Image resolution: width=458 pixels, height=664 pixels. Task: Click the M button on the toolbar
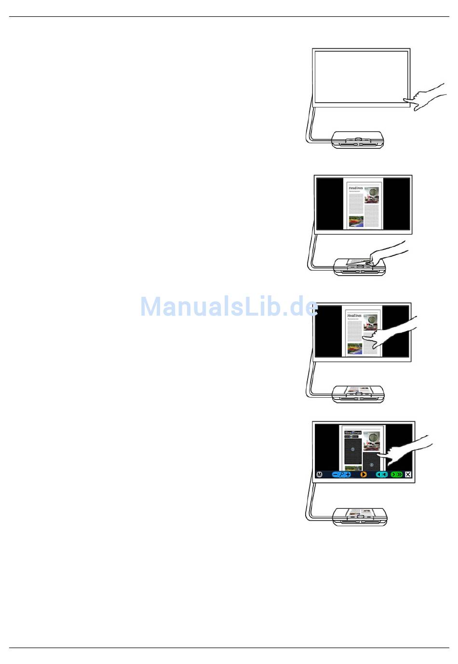pyautogui.click(x=319, y=475)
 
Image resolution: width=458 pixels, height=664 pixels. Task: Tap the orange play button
pyautogui.click(x=364, y=475)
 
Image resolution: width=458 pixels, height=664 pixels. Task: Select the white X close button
pyautogui.click(x=408, y=475)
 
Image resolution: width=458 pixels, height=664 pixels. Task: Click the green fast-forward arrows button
pyautogui.click(x=397, y=475)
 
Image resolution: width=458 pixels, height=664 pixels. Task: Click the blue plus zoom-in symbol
pyautogui.click(x=348, y=475)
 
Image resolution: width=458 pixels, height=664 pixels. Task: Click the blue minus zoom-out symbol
pyautogui.click(x=336, y=475)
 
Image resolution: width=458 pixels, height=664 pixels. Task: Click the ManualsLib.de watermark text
pyautogui.click(x=229, y=306)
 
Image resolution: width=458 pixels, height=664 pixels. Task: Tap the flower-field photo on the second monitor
pyautogui.click(x=356, y=222)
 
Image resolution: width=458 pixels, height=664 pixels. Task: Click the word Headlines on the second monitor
pyautogui.click(x=356, y=188)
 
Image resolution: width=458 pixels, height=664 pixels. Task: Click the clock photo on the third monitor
pyautogui.click(x=371, y=320)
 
